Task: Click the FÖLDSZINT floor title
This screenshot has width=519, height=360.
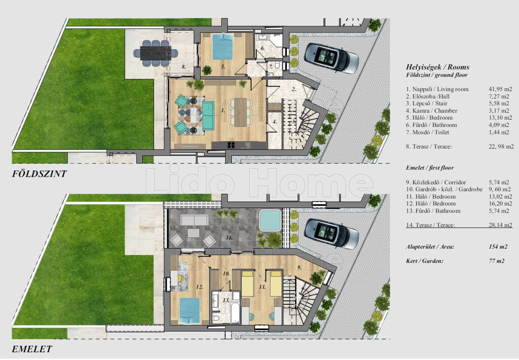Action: click(x=40, y=173)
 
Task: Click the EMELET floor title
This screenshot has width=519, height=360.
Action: click(x=32, y=349)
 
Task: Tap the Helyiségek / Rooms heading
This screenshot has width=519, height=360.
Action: click(x=437, y=67)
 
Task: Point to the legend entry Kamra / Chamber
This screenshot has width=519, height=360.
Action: click(x=431, y=111)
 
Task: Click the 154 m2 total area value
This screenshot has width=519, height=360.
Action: click(x=498, y=247)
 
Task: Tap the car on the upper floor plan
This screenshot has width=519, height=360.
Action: click(x=331, y=233)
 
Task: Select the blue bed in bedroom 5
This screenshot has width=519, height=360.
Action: click(x=223, y=46)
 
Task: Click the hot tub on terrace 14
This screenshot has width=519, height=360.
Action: click(x=270, y=220)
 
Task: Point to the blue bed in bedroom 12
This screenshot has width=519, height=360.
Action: click(x=190, y=310)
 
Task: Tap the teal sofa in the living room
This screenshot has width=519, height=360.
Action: click(x=208, y=116)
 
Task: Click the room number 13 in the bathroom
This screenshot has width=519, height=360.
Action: click(x=226, y=300)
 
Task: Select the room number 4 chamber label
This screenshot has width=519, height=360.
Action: click(x=274, y=122)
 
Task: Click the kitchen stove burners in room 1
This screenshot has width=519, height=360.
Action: click(x=231, y=145)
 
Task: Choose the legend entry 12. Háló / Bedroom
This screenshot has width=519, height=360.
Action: click(x=431, y=204)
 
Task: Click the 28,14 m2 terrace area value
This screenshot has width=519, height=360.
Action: click(x=500, y=225)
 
